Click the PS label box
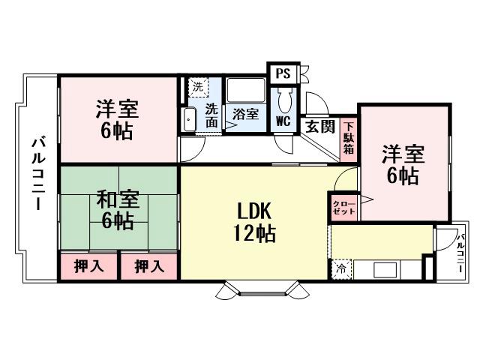(x=283, y=73)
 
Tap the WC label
(x=283, y=120)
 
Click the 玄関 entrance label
(x=319, y=126)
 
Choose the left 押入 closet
(x=88, y=266)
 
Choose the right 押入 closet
(x=148, y=266)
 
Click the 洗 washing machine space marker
(x=196, y=87)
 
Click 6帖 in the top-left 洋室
(x=117, y=130)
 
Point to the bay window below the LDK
(x=260, y=288)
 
